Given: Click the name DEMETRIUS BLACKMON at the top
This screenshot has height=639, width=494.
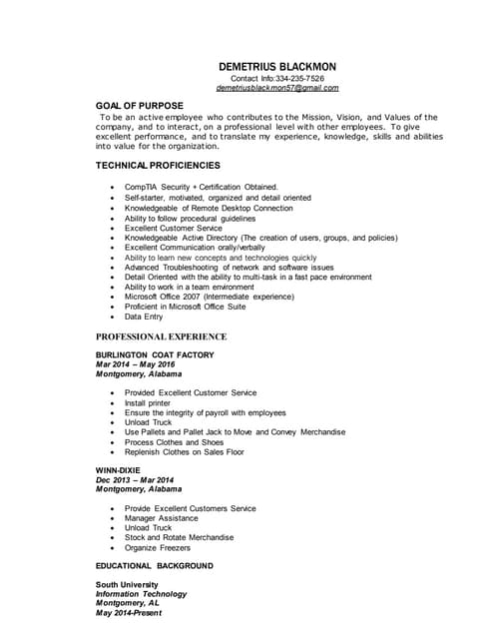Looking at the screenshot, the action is click(276, 66).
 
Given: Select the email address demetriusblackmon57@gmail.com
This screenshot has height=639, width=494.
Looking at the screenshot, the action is click(276, 88).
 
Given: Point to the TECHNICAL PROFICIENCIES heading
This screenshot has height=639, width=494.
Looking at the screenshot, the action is click(158, 165).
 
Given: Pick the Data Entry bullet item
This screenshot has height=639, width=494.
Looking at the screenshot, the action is click(144, 317).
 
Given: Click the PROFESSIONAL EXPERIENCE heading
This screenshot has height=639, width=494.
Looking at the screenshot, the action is click(161, 337).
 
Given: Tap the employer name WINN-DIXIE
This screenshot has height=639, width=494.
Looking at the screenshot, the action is click(118, 469).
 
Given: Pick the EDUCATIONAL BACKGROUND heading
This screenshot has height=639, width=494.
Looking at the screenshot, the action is click(154, 565).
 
